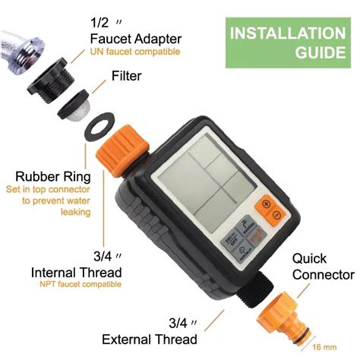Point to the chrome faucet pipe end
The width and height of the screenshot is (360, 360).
pyautogui.click(x=15, y=46)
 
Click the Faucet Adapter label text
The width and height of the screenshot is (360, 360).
pyautogui.click(x=136, y=39)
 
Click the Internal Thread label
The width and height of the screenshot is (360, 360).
pyautogui.click(x=76, y=271)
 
